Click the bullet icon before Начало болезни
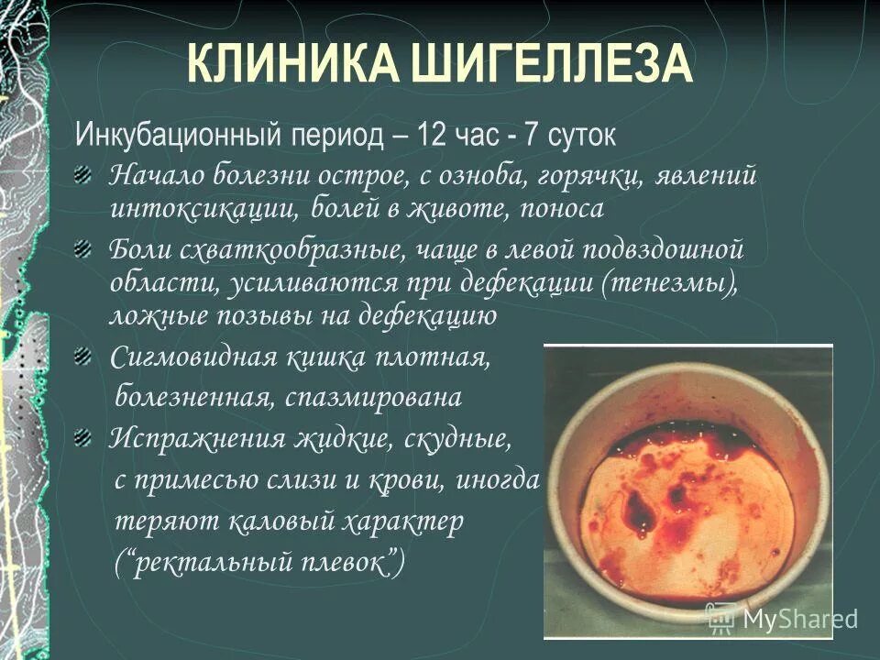coord(84,174)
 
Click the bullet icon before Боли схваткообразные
coord(84,249)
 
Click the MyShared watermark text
coord(800,620)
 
